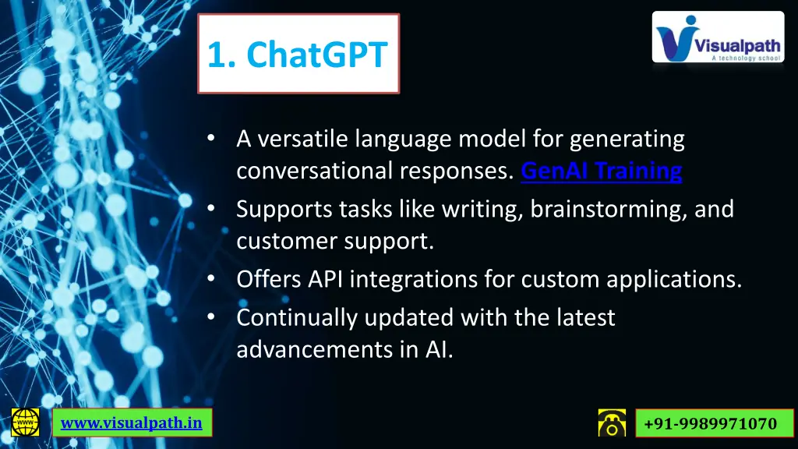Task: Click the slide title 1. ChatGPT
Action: click(x=298, y=55)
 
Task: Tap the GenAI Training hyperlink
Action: click(x=601, y=171)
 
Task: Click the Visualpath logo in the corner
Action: click(x=718, y=37)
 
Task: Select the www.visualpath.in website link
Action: click(x=132, y=422)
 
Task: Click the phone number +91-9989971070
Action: click(x=710, y=423)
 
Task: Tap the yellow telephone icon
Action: click(x=612, y=422)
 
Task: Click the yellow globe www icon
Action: click(x=26, y=422)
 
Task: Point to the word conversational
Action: click(x=316, y=171)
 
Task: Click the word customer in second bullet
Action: click(x=286, y=242)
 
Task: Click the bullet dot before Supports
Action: click(x=211, y=209)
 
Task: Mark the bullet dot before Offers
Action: click(x=211, y=278)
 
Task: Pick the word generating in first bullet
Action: click(x=627, y=140)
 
